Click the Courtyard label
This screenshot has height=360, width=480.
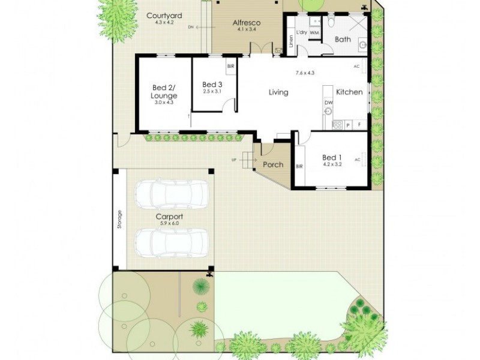tap(164, 15)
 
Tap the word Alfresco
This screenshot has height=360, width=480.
tap(247, 22)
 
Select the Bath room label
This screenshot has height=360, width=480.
tap(343, 40)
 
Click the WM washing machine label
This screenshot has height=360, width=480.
tap(314, 33)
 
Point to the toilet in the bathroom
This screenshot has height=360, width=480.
tap(331, 23)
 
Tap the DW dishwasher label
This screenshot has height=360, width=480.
tap(328, 103)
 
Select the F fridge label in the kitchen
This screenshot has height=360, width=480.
tap(359, 125)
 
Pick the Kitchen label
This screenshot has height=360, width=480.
tap(349, 92)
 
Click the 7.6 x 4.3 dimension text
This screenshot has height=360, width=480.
tap(305, 73)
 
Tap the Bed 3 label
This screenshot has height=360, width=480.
tap(212, 85)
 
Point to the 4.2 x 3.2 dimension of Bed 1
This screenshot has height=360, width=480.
tap(332, 164)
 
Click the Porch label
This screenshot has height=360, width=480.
tap(273, 165)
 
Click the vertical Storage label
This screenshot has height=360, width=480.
tap(119, 219)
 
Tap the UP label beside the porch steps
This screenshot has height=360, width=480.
tap(233, 160)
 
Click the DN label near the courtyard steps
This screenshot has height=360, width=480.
tap(191, 27)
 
